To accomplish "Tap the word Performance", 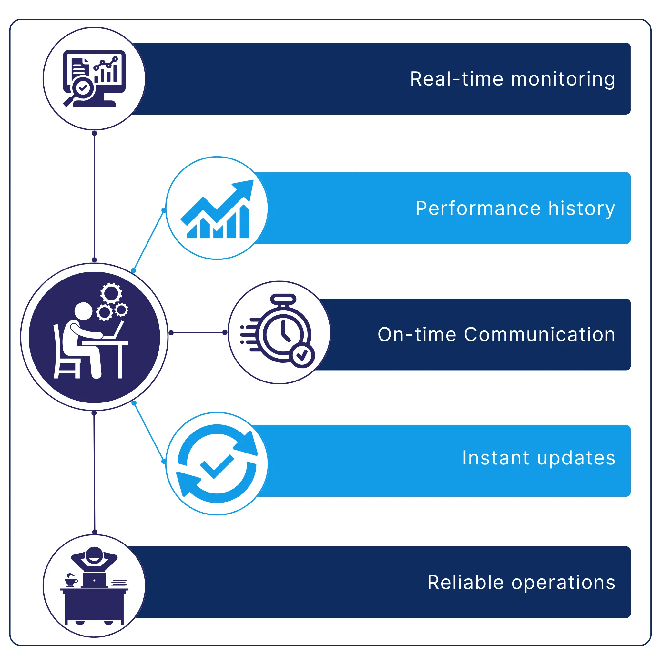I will click(478, 208).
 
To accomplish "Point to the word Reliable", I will click(465, 582).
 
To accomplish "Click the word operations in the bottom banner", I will click(563, 583).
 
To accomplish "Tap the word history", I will click(582, 208).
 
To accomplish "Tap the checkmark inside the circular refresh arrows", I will click(217, 466).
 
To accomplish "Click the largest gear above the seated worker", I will click(111, 293).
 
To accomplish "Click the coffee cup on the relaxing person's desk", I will click(71, 581).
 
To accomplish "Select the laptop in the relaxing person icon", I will click(94, 580).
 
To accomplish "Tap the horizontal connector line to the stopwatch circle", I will click(198, 332).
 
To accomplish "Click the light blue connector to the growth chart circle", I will click(148, 240).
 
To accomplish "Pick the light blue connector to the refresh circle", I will click(149, 432).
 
